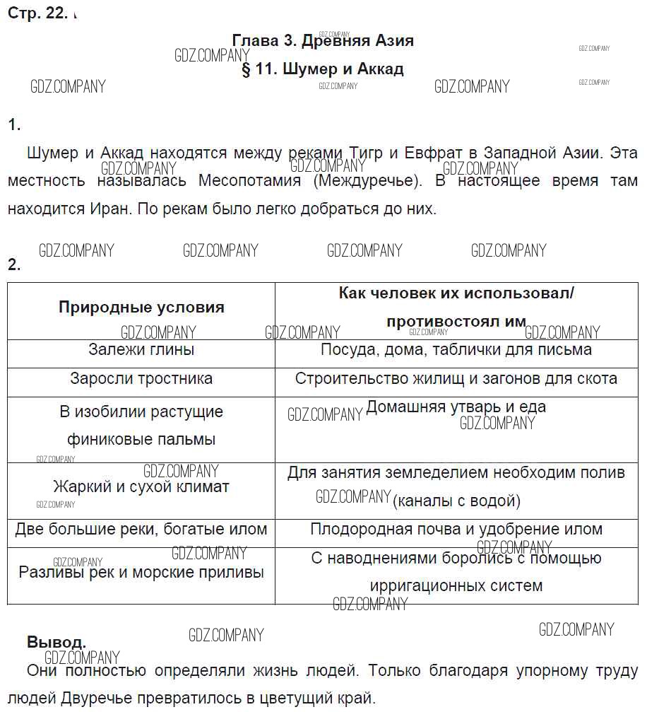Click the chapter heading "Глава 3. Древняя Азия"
(323, 41)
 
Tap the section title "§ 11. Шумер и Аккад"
(323, 69)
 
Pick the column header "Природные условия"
(141, 308)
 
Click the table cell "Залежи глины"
(141, 350)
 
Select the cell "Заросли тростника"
(141, 379)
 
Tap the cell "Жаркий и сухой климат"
(141, 487)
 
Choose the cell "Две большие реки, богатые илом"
(141, 530)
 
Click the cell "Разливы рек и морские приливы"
(141, 572)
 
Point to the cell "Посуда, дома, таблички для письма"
(456, 350)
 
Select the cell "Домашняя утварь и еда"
(456, 407)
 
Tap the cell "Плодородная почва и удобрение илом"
(456, 530)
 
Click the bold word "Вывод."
(57, 643)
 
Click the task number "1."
(14, 126)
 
